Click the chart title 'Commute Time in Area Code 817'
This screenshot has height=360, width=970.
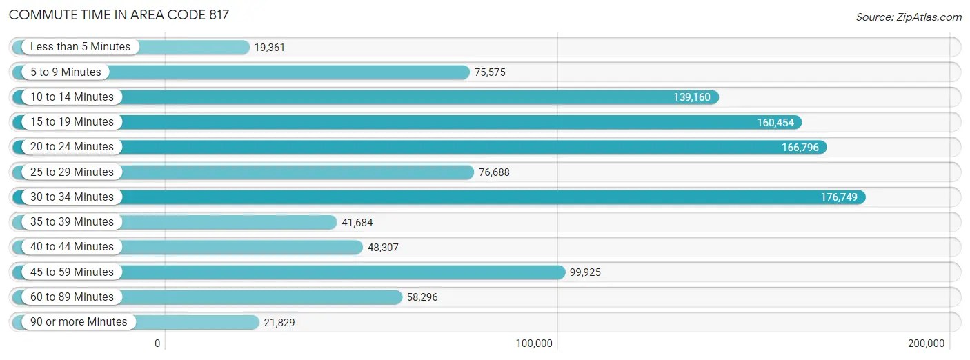pos(119,14)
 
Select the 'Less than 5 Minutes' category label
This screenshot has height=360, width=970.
pos(80,47)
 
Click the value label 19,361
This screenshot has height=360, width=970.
pos(269,48)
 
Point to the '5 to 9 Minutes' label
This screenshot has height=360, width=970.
pos(66,72)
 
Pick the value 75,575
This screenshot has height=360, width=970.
pos(490,72)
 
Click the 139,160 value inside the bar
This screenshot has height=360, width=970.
pos(692,97)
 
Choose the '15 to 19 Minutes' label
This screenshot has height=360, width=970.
pos(72,122)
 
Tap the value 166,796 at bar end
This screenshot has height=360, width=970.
pos(800,148)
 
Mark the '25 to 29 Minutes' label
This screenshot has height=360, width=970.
pos(72,172)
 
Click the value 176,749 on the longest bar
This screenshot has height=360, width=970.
pos(839,197)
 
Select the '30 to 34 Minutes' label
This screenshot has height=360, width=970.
pos(72,197)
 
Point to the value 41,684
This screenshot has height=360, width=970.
pos(357,223)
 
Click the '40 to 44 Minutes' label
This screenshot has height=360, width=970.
pos(72,246)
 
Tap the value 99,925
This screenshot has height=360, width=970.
pos(585,272)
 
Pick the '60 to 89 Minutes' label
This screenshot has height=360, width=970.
pos(72,297)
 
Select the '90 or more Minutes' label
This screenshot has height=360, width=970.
pos(79,321)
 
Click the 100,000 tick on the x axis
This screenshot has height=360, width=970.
pos(534,343)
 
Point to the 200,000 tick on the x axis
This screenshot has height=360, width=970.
pos(926,343)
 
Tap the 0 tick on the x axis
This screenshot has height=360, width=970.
pos(157,343)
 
